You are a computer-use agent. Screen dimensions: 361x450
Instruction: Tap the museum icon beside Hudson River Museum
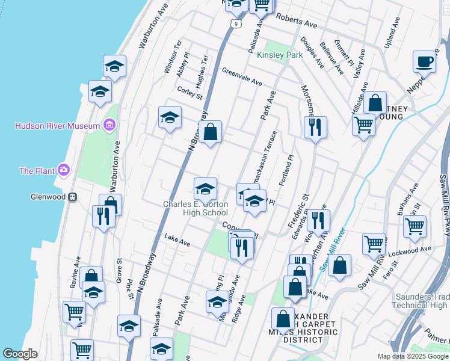click(109, 125)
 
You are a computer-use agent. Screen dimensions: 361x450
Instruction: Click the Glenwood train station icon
click(72, 197)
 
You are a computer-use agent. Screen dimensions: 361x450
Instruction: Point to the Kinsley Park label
click(280, 55)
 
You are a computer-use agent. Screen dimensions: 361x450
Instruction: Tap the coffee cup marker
click(425, 61)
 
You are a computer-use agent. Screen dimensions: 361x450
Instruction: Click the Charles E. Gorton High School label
click(196, 208)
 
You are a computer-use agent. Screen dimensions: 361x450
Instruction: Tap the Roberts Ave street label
click(296, 22)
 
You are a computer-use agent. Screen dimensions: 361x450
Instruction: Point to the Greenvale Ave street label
click(242, 76)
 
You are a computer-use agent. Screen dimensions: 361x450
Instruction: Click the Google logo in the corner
click(20, 354)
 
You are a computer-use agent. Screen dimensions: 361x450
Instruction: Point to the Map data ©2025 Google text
click(412, 356)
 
